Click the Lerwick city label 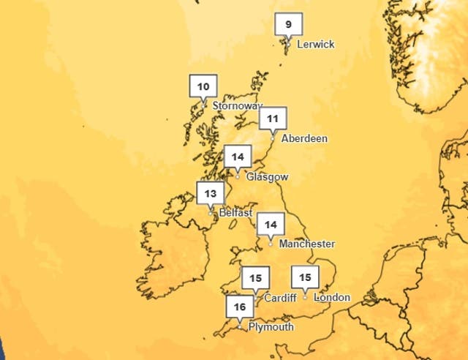(315, 45)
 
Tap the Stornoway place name (237, 106)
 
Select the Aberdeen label (304, 138)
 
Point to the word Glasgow (268, 177)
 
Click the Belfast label (235, 213)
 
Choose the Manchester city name (307, 244)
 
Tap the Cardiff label (279, 298)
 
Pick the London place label (332, 298)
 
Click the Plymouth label (271, 327)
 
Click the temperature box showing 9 (288, 25)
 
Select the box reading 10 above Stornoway (203, 86)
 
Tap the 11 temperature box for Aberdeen (273, 118)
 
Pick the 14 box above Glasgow (238, 157)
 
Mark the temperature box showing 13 (211, 194)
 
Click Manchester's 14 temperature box (271, 225)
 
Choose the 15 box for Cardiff (255, 278)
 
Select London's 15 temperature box (305, 277)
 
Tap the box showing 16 (239, 307)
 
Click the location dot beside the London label (305, 296)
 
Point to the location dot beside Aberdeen (273, 138)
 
